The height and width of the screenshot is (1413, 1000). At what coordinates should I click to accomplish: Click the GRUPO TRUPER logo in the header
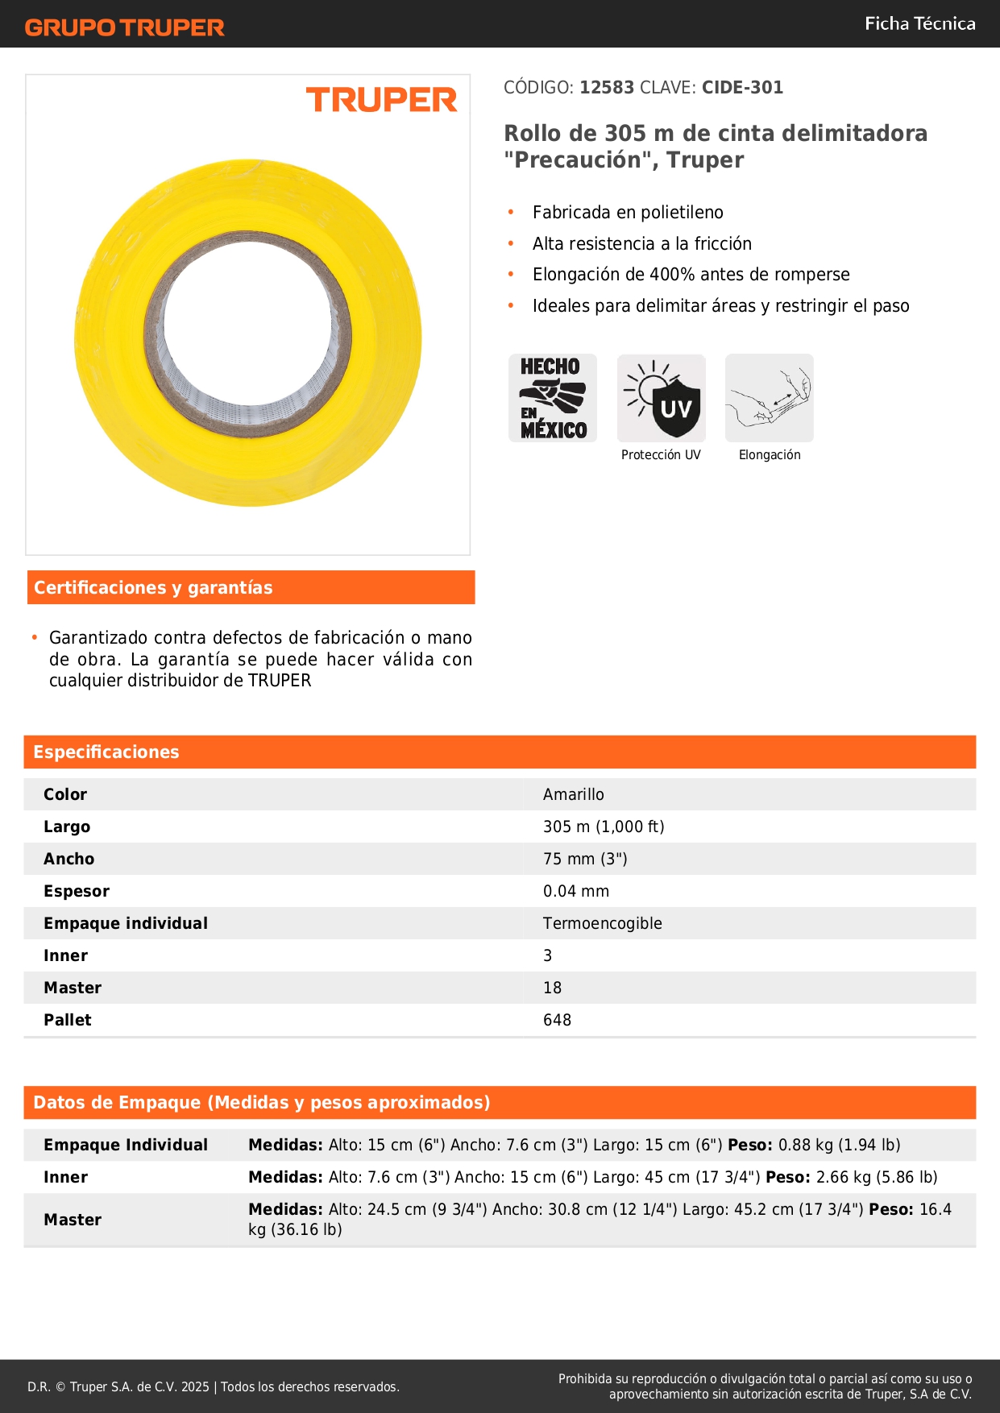coord(125,27)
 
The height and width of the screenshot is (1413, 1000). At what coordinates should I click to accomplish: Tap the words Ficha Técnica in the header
coord(919,23)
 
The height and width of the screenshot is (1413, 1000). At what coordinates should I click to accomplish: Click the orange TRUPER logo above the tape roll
coord(381,100)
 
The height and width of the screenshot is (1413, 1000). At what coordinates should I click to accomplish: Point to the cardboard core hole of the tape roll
coord(247,332)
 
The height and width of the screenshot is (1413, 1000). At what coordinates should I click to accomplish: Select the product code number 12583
coord(607,88)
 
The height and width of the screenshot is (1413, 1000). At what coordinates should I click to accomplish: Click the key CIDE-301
coord(742,88)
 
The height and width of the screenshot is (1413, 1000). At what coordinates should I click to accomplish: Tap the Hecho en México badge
coord(553,398)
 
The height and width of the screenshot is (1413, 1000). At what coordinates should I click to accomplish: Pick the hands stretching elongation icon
coord(770,398)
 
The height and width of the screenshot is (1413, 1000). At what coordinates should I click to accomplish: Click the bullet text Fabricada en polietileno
coord(628,213)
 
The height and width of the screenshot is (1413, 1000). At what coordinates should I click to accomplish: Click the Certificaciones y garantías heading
coord(153,588)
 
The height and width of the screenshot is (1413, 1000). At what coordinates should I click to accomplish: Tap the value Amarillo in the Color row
coord(573,794)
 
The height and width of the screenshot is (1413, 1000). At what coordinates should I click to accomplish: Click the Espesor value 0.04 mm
coord(575,891)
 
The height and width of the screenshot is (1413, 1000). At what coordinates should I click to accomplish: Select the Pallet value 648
coord(557,1020)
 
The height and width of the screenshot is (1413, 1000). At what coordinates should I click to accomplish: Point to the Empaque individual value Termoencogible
coord(602,923)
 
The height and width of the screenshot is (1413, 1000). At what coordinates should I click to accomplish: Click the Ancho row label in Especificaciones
coord(68,859)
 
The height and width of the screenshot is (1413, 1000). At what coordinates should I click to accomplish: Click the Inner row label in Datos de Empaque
coord(65,1177)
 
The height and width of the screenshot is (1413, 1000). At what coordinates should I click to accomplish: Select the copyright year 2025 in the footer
coord(195,1386)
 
